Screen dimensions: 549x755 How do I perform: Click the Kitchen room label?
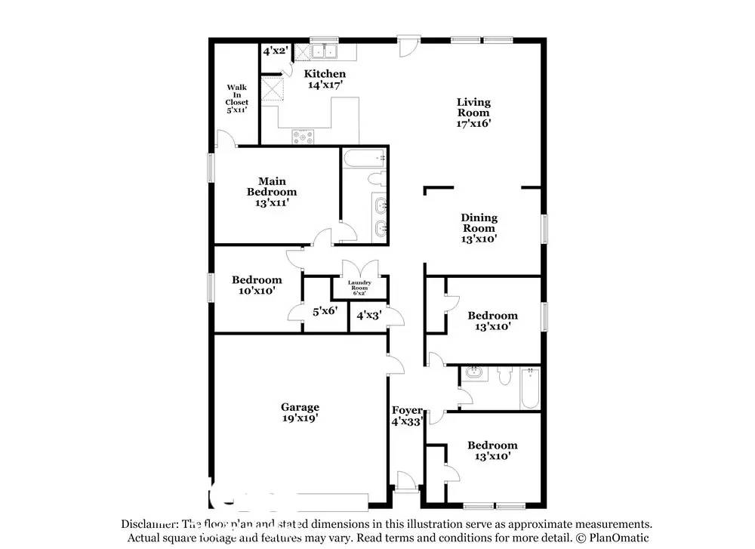[325, 79]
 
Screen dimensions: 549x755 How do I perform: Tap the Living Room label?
[474, 113]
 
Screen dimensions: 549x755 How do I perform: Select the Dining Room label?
[479, 228]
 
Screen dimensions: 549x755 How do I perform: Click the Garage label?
[300, 412]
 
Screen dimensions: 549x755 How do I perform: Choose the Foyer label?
[407, 416]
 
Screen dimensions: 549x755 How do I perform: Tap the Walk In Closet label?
[236, 98]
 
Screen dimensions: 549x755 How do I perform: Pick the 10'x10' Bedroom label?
[257, 285]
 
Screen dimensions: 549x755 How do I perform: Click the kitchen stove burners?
[304, 136]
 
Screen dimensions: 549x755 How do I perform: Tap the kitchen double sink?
[327, 51]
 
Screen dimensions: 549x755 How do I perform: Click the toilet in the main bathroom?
[375, 180]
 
